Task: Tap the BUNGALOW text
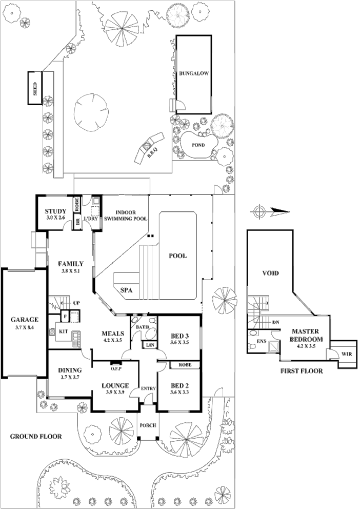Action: [x=193, y=74]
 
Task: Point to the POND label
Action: [x=198, y=145]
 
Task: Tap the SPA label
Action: [x=127, y=290]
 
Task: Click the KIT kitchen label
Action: [x=64, y=331]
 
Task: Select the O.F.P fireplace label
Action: [x=115, y=367]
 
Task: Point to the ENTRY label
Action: [x=148, y=388]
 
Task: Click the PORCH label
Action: [x=148, y=425]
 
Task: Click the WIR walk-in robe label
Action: [x=346, y=354]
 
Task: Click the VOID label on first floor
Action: [x=270, y=273]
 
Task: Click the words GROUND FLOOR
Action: [x=36, y=437]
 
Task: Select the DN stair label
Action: [x=275, y=323]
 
